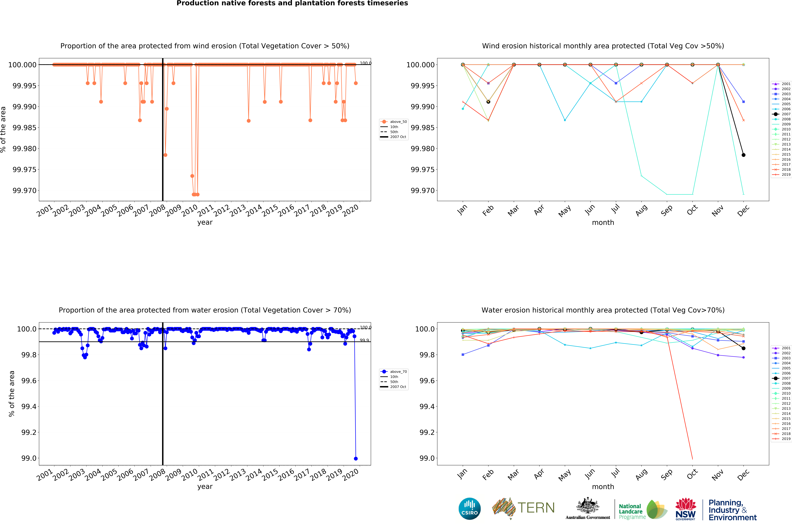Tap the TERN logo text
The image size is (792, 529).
click(x=536, y=508)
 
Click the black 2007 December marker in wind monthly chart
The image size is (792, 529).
click(x=743, y=155)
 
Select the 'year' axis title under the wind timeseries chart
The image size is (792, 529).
click(x=205, y=222)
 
